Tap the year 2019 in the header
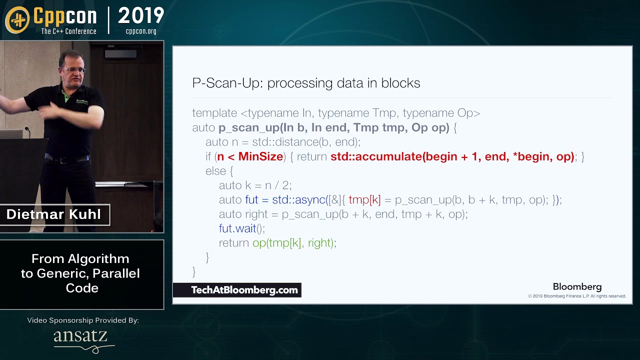pos(141,16)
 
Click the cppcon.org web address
pos(141,31)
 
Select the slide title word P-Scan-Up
pos(226,83)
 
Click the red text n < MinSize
pos(250,156)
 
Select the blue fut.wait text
pos(237,228)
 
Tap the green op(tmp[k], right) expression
pos(294,243)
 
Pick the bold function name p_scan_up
pos(248,128)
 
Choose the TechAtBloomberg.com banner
pos(237,290)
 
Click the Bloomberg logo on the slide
pos(577,287)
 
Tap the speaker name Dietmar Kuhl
pos(53,214)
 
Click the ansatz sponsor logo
pos(81,337)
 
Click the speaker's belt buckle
pos(64,160)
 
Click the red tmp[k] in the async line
pos(364,200)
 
